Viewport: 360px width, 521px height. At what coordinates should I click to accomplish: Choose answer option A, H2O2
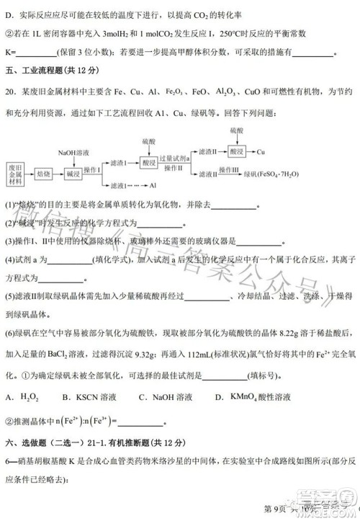(21, 397)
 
